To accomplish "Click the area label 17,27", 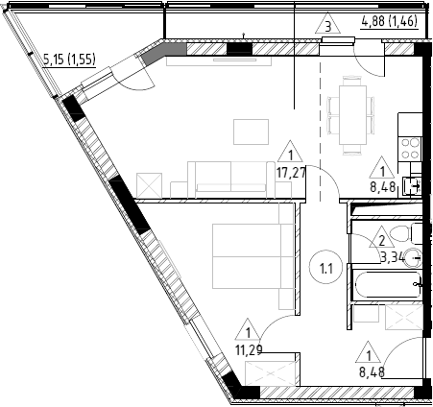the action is pos(291,173).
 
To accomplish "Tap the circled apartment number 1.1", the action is pos(326,268).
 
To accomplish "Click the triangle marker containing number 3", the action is pos(327,24).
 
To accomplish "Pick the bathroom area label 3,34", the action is pos(393,256).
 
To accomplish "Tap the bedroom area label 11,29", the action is pos(249,350).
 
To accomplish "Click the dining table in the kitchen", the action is pos(352,115).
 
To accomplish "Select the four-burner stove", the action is pos(411,148).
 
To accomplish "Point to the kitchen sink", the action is pos(413,186).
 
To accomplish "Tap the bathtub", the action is pos(388,285).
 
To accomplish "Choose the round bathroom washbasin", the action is pos(413,258).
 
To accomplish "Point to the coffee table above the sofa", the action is pos(251,132).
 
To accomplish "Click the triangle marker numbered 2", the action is pos(381,237).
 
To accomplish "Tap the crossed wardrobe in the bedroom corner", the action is pos(270,373).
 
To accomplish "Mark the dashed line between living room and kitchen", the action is pos(320,132).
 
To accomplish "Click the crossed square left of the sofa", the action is pos(149,185).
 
